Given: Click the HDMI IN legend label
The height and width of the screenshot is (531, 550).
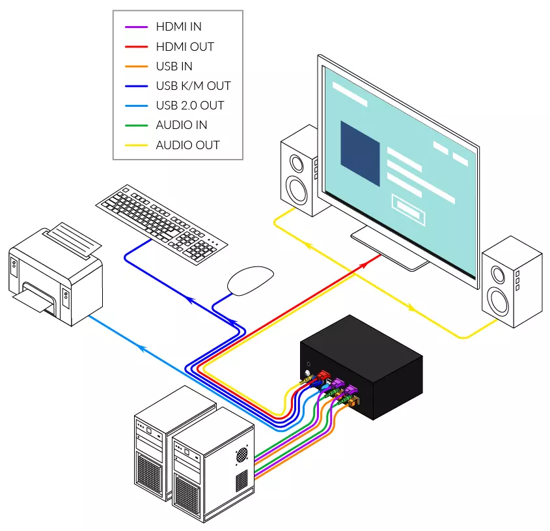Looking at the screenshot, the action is coord(178,27).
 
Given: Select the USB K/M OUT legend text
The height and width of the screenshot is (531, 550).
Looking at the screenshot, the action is coord(193,86).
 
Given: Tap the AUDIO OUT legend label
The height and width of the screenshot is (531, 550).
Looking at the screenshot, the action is coord(187,145).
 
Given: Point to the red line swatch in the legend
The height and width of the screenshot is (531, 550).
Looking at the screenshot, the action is coord(137,46).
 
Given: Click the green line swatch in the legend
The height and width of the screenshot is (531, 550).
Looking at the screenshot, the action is coord(137,125).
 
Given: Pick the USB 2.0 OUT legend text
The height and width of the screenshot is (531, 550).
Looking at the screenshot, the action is coord(190,106).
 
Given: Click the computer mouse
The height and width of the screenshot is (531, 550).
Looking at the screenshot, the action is coord(251,281).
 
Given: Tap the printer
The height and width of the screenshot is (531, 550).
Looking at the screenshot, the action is coord(55,274).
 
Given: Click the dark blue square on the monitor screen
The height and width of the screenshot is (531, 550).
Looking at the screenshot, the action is coord(360,154).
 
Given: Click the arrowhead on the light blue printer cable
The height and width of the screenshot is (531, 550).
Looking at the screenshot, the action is coord(142,348).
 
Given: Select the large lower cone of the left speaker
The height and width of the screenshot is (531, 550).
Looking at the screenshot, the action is coord(297,191).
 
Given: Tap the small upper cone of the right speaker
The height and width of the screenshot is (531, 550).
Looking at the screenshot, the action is coord(498,274).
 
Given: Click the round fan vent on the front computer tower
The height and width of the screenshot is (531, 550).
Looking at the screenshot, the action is coord(241,455).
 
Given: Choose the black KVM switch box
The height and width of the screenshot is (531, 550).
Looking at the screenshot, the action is coord(362,367).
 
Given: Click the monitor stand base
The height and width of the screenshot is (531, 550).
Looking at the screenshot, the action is coord(389,249).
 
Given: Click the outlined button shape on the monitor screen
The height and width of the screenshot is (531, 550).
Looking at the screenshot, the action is coord(408,210).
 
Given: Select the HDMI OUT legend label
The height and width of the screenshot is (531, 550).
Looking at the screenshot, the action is coord(185,46).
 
